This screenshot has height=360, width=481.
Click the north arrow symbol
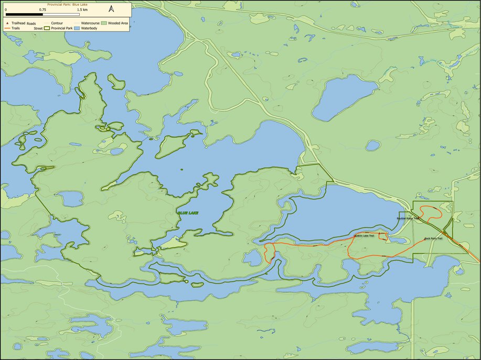[x=111, y=9]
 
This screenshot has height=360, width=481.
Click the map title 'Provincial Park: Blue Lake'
[x=68, y=4]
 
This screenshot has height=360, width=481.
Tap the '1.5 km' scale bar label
[x=82, y=9]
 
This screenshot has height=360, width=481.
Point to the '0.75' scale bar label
[x=42, y=9]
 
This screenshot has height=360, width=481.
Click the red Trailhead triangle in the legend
[x=7, y=24]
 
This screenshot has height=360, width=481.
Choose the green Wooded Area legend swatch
[x=104, y=24]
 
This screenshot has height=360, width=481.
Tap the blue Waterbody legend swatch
[x=77, y=28]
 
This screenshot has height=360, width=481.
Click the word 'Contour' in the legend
[x=58, y=24]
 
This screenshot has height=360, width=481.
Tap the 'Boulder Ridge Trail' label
[x=409, y=218]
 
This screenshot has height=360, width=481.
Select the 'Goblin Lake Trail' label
[x=364, y=236]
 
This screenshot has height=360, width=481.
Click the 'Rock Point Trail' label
[x=434, y=239]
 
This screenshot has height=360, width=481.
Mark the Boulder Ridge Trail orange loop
[x=434, y=213]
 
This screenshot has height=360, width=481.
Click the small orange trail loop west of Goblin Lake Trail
[x=270, y=253]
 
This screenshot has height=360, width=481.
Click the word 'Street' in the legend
[x=38, y=28]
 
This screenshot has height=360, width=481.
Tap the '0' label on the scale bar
[x=6, y=9]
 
